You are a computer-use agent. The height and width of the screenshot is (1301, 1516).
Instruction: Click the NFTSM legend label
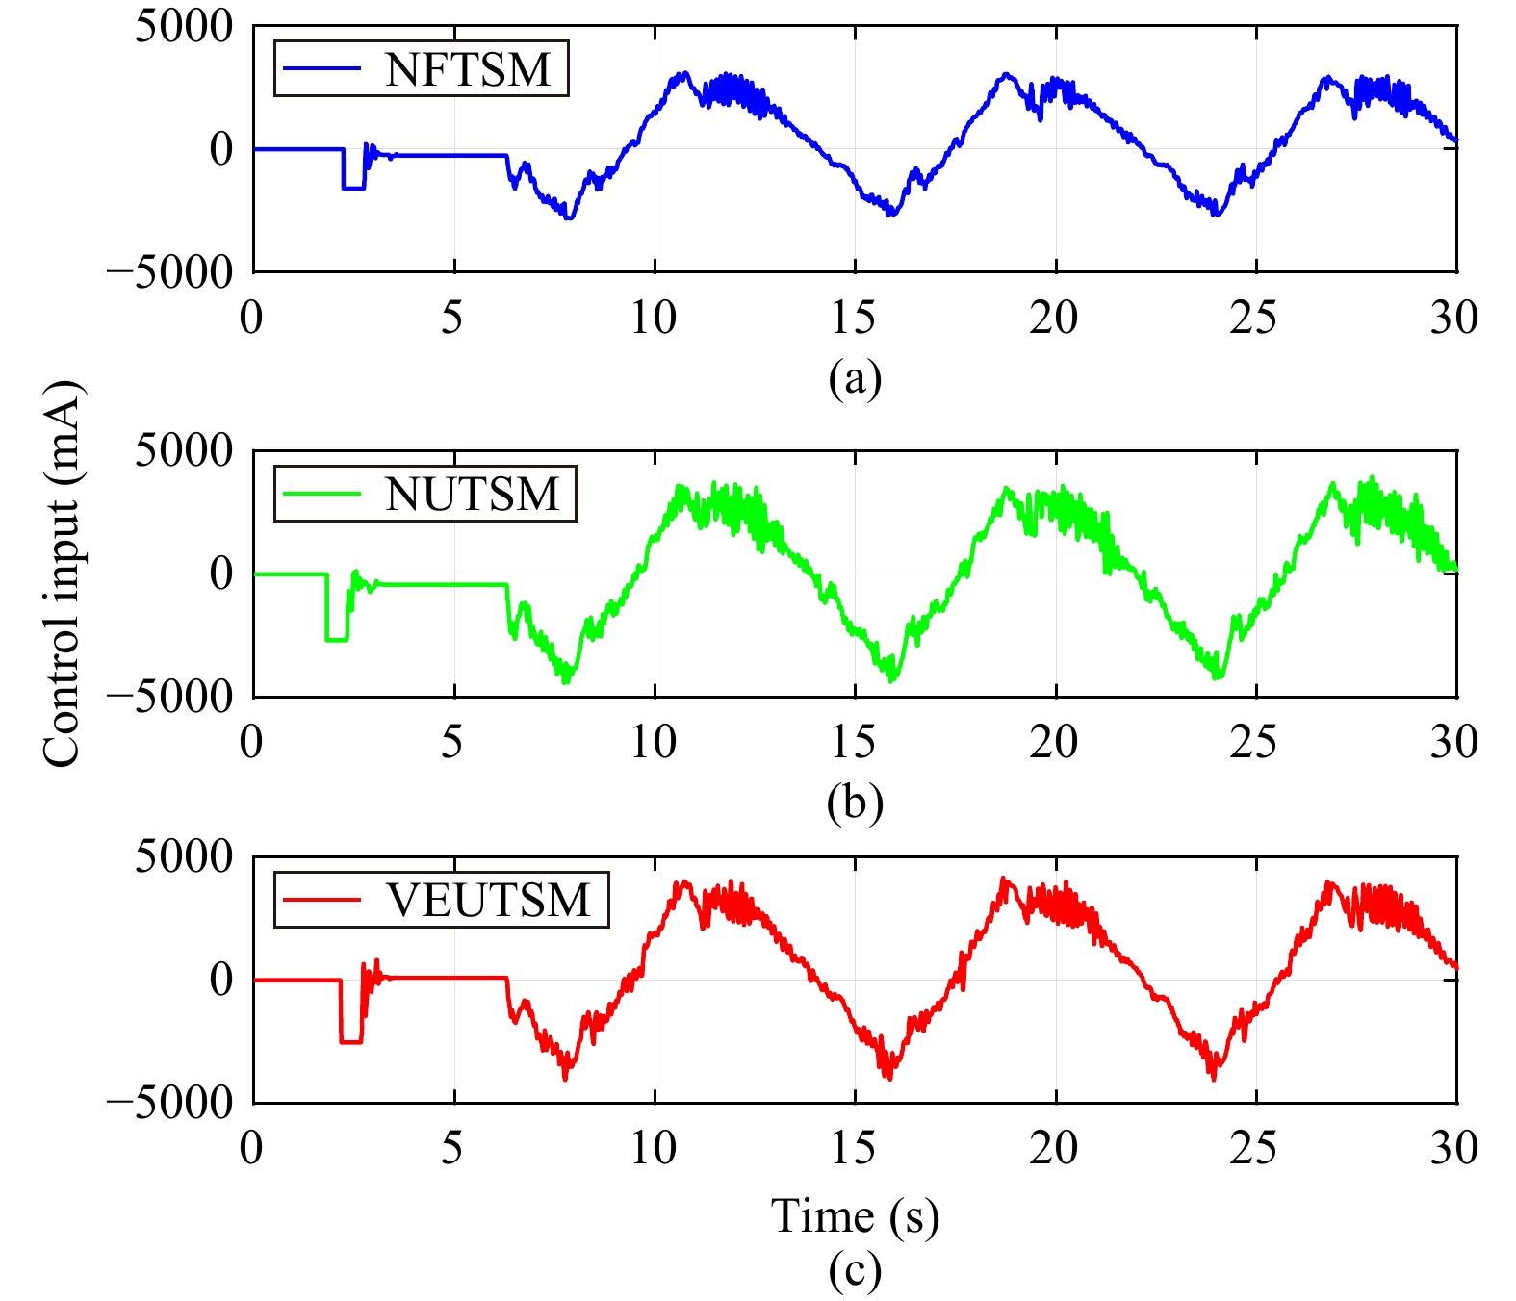pos(468,69)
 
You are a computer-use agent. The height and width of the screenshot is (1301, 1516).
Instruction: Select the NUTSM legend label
pos(472,495)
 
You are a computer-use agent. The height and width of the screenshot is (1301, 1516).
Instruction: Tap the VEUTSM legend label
pos(488,901)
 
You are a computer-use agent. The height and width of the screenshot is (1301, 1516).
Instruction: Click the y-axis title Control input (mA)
pos(64,574)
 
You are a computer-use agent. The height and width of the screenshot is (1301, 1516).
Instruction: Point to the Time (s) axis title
pos(855,1216)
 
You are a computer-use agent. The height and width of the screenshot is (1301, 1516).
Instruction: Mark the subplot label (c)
pos(855,1270)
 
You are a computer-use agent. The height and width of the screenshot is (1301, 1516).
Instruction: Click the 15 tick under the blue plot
pos(854,318)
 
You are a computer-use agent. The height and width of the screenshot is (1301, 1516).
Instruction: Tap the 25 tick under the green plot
pos(1254,742)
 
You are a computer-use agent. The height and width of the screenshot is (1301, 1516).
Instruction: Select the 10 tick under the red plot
pos(654,1148)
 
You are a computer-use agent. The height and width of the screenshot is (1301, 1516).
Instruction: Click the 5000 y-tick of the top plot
pos(184,27)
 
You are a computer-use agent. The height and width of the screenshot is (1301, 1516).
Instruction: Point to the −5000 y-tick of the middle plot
pos(170,697)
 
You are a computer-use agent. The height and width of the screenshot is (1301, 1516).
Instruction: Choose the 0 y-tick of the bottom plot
pos(221,980)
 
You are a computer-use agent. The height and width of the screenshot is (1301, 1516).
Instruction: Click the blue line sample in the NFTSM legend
pos(319,69)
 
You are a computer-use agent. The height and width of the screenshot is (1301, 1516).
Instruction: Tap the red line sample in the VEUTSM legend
pos(319,901)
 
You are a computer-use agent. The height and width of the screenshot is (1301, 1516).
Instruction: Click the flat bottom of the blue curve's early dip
pos(353,188)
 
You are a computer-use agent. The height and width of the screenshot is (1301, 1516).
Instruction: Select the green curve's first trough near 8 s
pos(566,680)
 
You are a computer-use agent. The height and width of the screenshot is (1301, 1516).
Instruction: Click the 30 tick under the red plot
pos(1453,1148)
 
